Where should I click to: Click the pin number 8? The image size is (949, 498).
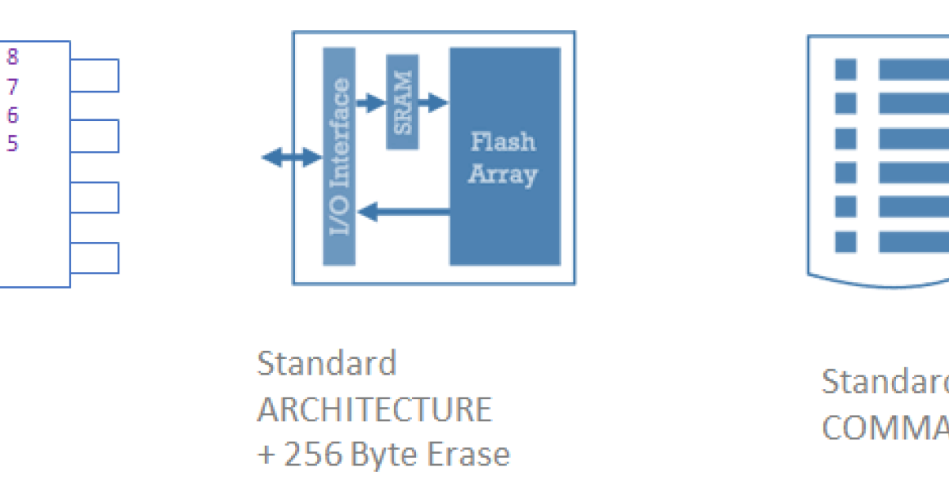click(13, 57)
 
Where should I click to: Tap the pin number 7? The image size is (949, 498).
click(13, 86)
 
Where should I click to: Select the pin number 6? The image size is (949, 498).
click(13, 115)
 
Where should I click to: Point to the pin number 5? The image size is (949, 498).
click(13, 143)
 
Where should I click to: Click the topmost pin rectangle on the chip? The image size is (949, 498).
click(94, 75)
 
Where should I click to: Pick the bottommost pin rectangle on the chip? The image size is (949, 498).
click(94, 258)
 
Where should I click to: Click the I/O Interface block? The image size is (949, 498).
click(339, 157)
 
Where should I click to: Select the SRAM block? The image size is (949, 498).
click(403, 102)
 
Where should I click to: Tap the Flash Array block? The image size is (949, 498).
click(505, 157)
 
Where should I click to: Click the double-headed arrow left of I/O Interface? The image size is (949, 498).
click(290, 158)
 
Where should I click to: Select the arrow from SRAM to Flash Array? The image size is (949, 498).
click(433, 102)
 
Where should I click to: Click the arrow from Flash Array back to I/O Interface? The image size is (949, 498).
click(403, 211)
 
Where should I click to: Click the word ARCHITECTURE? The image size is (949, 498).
click(374, 409)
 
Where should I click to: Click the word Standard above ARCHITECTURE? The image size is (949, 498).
click(327, 364)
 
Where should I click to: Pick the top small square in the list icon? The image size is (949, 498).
click(845, 69)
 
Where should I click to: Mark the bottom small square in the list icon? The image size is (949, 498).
click(845, 241)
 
